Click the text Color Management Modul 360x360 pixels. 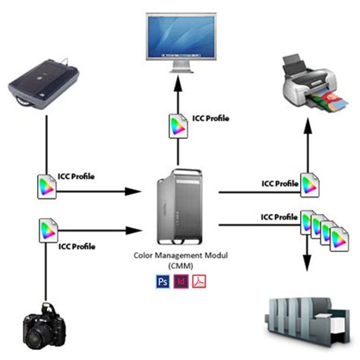(181, 256)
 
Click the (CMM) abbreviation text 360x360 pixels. (180, 267)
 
